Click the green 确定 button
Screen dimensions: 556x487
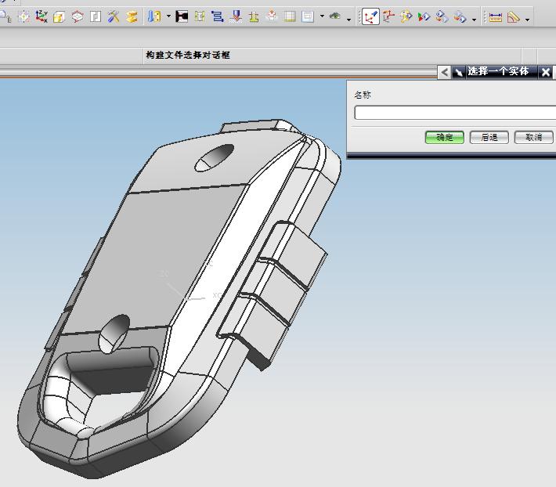[x=444, y=137]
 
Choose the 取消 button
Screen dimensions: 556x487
[x=533, y=137]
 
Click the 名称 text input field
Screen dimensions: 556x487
[x=455, y=113]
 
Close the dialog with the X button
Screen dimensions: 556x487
[x=546, y=72]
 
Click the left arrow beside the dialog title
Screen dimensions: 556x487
[x=444, y=72]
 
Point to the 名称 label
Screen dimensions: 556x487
[x=363, y=95]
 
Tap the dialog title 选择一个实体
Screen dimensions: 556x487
[x=498, y=71]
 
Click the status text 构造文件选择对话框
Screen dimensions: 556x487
[x=188, y=55]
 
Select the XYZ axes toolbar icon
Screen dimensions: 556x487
[x=42, y=16]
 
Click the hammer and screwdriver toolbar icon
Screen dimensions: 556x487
[x=114, y=16]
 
